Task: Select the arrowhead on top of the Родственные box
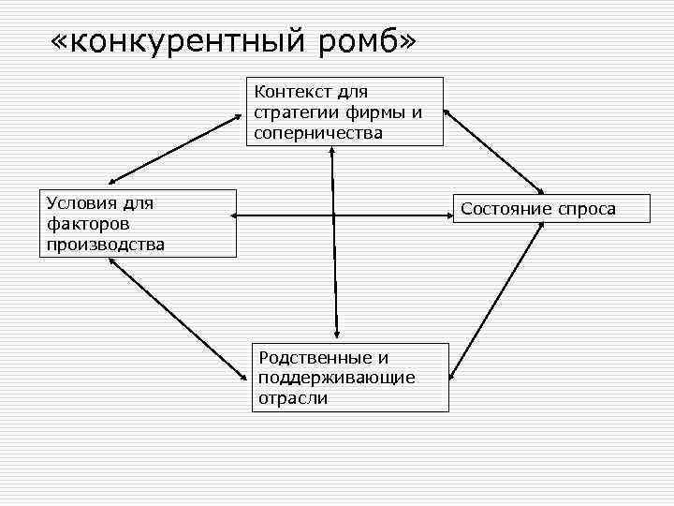tap(335, 335)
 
